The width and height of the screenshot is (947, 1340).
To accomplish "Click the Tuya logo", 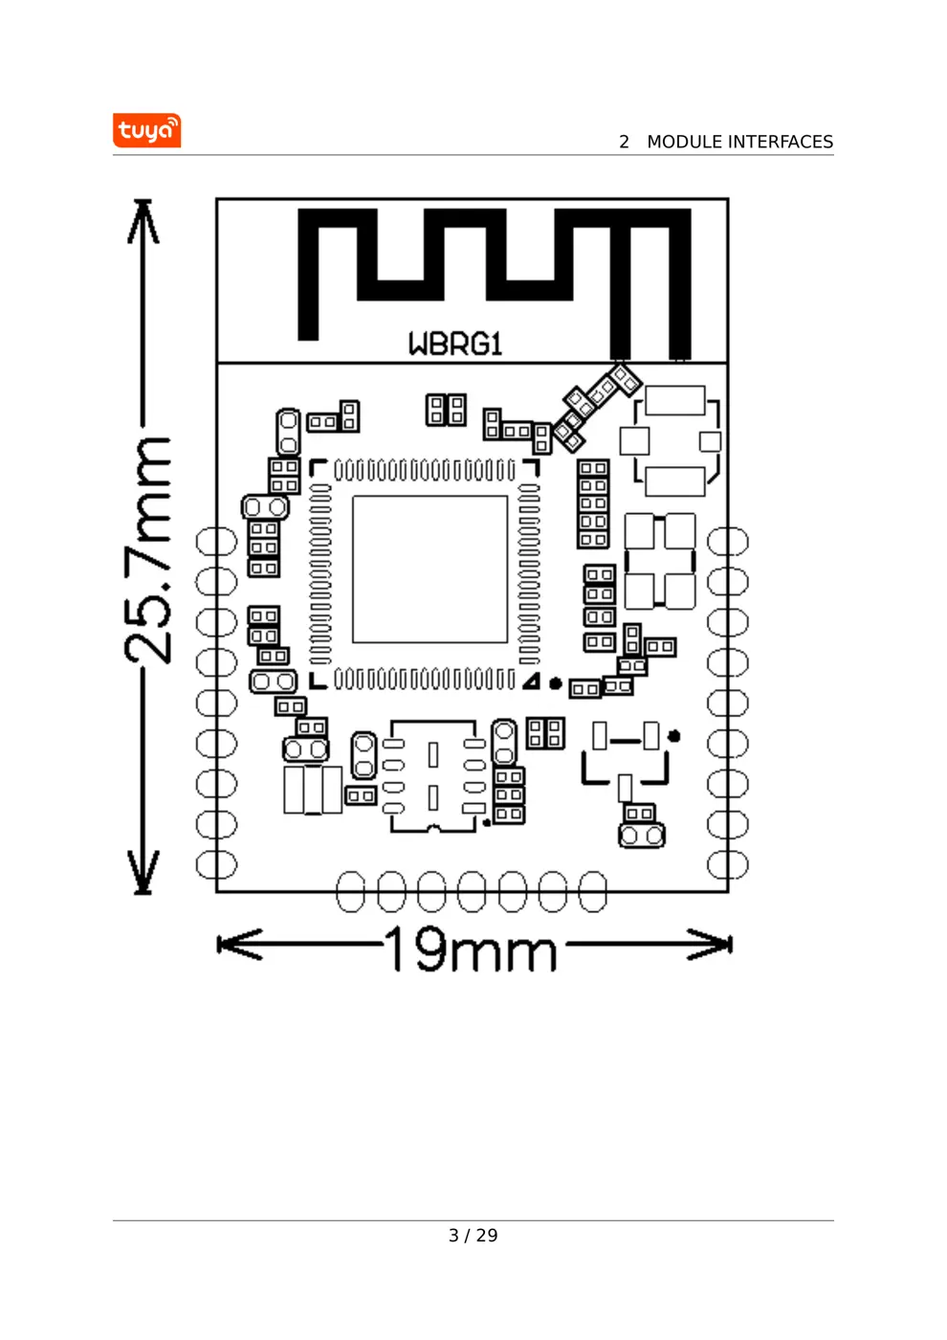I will (146, 130).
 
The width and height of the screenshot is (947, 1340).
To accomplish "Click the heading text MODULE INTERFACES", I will (739, 142).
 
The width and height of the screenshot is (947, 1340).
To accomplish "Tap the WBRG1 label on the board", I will (455, 344).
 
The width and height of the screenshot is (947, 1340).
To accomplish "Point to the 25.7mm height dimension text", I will (148, 549).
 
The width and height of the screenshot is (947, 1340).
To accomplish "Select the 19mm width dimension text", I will (472, 949).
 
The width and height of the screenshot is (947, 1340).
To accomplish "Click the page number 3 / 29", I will (473, 1236).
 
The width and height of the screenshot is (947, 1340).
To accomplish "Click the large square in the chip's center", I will (429, 569).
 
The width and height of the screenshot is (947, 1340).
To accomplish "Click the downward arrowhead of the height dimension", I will (143, 874).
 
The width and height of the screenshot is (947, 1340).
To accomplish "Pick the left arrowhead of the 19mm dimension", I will (237, 945).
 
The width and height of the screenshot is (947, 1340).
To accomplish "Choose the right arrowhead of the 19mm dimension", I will (712, 945).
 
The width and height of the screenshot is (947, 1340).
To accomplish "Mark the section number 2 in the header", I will (624, 142).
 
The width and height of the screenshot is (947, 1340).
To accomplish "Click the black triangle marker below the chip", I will (532, 681).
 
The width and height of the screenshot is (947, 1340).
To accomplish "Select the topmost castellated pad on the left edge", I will (215, 542).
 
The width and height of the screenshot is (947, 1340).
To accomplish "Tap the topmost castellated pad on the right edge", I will (728, 542).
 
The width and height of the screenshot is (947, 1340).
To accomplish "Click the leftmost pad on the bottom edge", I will (351, 891).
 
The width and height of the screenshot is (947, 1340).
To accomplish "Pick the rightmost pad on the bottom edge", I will (593, 891).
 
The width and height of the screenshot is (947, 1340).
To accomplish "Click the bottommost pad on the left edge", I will (215, 864).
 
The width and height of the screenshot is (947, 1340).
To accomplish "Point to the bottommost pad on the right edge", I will (728, 864).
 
